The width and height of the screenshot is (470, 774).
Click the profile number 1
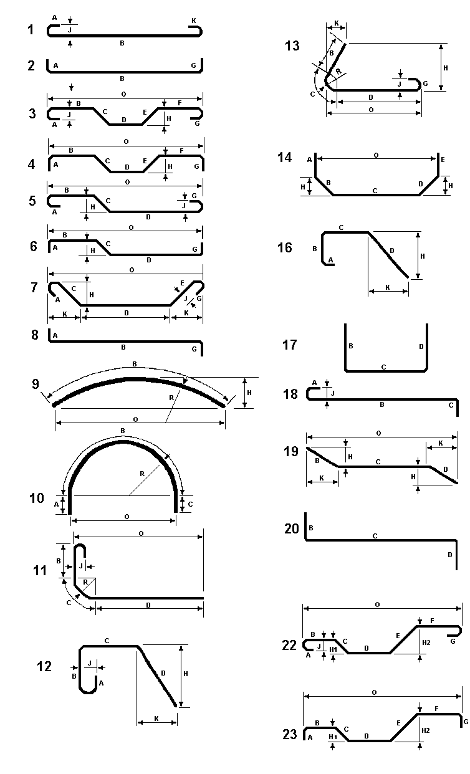(31, 29)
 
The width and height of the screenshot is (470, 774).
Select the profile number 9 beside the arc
(36, 383)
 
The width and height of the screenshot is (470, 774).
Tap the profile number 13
(291, 45)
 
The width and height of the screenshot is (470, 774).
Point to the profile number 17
(290, 345)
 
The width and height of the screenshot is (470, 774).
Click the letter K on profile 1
(194, 21)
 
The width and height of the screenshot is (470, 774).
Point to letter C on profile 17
(383, 368)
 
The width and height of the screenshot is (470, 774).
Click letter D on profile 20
(449, 554)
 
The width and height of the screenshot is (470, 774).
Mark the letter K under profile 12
(156, 719)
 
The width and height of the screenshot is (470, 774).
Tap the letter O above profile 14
(375, 154)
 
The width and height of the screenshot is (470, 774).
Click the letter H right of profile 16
(423, 256)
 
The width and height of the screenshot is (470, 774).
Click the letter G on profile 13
(425, 84)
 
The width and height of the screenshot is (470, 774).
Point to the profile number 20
(291, 529)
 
